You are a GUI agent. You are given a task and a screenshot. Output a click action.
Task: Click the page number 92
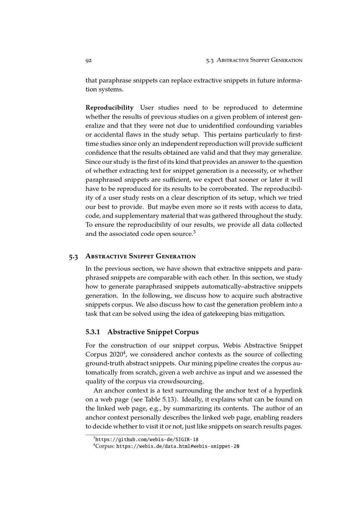click(89, 60)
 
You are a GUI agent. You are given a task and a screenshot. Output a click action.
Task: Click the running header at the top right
click(254, 60)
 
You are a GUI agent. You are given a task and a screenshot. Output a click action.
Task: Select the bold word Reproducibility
click(109, 108)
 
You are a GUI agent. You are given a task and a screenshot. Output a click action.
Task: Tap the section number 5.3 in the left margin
click(73, 257)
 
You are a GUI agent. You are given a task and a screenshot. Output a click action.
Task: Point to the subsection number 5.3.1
click(93, 332)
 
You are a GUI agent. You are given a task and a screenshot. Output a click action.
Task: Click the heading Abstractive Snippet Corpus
click(153, 332)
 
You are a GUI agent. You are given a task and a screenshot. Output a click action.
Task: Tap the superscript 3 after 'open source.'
click(194, 232)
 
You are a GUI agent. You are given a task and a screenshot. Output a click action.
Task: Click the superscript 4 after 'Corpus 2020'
click(125, 352)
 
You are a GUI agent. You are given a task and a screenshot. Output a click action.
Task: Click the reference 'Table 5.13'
click(158, 400)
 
